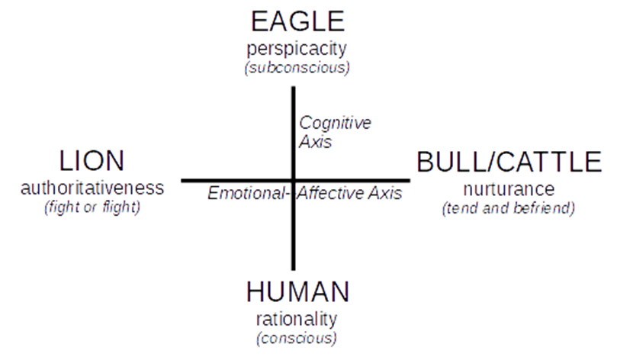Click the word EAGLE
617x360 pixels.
tap(297, 21)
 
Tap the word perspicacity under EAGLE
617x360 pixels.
tap(297, 50)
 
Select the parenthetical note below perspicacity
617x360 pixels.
tap(297, 68)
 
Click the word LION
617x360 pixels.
tap(92, 161)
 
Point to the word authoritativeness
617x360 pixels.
tap(92, 188)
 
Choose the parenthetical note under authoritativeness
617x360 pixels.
tap(92, 207)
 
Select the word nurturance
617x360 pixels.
tap(509, 189)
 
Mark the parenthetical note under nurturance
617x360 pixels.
tap(509, 208)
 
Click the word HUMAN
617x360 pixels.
tap(297, 291)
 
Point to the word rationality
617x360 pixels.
tap(297, 319)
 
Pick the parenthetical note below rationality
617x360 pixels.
tap(297, 337)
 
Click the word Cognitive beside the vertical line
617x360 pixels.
tap(335, 123)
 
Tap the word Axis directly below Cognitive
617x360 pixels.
tap(315, 141)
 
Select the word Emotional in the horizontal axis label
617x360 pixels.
tap(246, 193)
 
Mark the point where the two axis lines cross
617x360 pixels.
tap(292, 180)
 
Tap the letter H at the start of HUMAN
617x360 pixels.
tap(257, 291)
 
